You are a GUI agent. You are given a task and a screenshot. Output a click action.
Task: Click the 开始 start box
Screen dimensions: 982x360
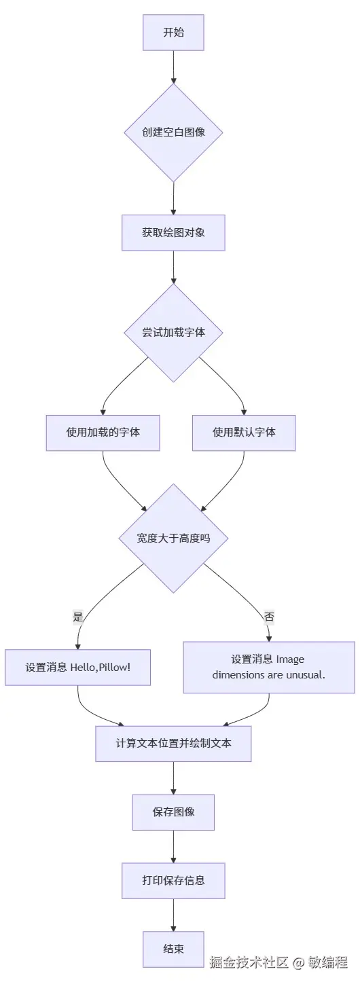click(173, 33)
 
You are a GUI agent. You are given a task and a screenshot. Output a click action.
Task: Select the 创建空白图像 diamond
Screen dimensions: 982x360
click(173, 132)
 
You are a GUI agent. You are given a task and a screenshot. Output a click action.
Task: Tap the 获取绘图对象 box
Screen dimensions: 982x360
click(173, 232)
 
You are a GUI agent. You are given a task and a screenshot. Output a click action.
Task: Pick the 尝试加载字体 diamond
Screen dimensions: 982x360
click(173, 332)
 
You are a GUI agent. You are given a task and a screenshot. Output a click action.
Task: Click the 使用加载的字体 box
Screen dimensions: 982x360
click(103, 432)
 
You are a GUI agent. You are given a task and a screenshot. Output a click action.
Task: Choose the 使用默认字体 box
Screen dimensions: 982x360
click(244, 432)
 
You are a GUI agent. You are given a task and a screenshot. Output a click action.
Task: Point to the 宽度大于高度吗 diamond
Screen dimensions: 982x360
click(173, 538)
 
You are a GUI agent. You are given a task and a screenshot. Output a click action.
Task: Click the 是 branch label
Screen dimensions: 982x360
click(77, 617)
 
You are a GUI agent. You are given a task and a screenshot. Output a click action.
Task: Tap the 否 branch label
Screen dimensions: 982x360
click(269, 617)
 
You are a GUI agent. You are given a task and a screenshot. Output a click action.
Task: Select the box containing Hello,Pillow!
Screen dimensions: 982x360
click(77, 668)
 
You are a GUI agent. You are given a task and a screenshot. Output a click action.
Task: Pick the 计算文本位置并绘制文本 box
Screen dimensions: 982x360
click(173, 743)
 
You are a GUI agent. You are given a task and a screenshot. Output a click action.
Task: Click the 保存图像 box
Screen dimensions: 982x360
click(173, 812)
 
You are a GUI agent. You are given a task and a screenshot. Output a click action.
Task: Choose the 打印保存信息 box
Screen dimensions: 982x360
click(173, 881)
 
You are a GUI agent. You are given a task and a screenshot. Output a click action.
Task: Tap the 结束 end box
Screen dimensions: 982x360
click(173, 949)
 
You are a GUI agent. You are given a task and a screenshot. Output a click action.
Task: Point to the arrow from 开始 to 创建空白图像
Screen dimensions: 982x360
click(173, 67)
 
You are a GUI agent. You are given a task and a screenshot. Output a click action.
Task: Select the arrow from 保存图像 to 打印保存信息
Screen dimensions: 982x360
click(173, 847)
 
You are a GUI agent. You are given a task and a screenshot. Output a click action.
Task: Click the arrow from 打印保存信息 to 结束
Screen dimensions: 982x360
click(173, 915)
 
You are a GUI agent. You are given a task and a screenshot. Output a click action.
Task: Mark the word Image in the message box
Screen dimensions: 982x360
click(291, 659)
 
